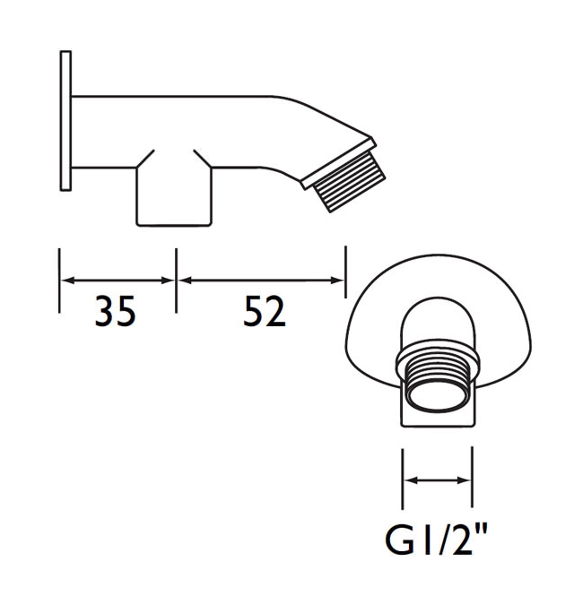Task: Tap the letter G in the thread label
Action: point(399,541)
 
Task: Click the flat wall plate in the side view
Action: point(65,120)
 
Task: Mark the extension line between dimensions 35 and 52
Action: point(176,280)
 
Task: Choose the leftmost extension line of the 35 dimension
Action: point(59,280)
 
